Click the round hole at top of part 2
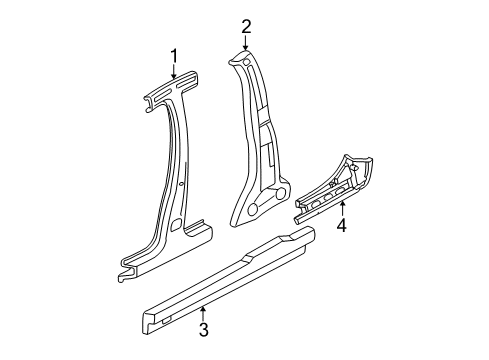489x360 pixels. [244, 64]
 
